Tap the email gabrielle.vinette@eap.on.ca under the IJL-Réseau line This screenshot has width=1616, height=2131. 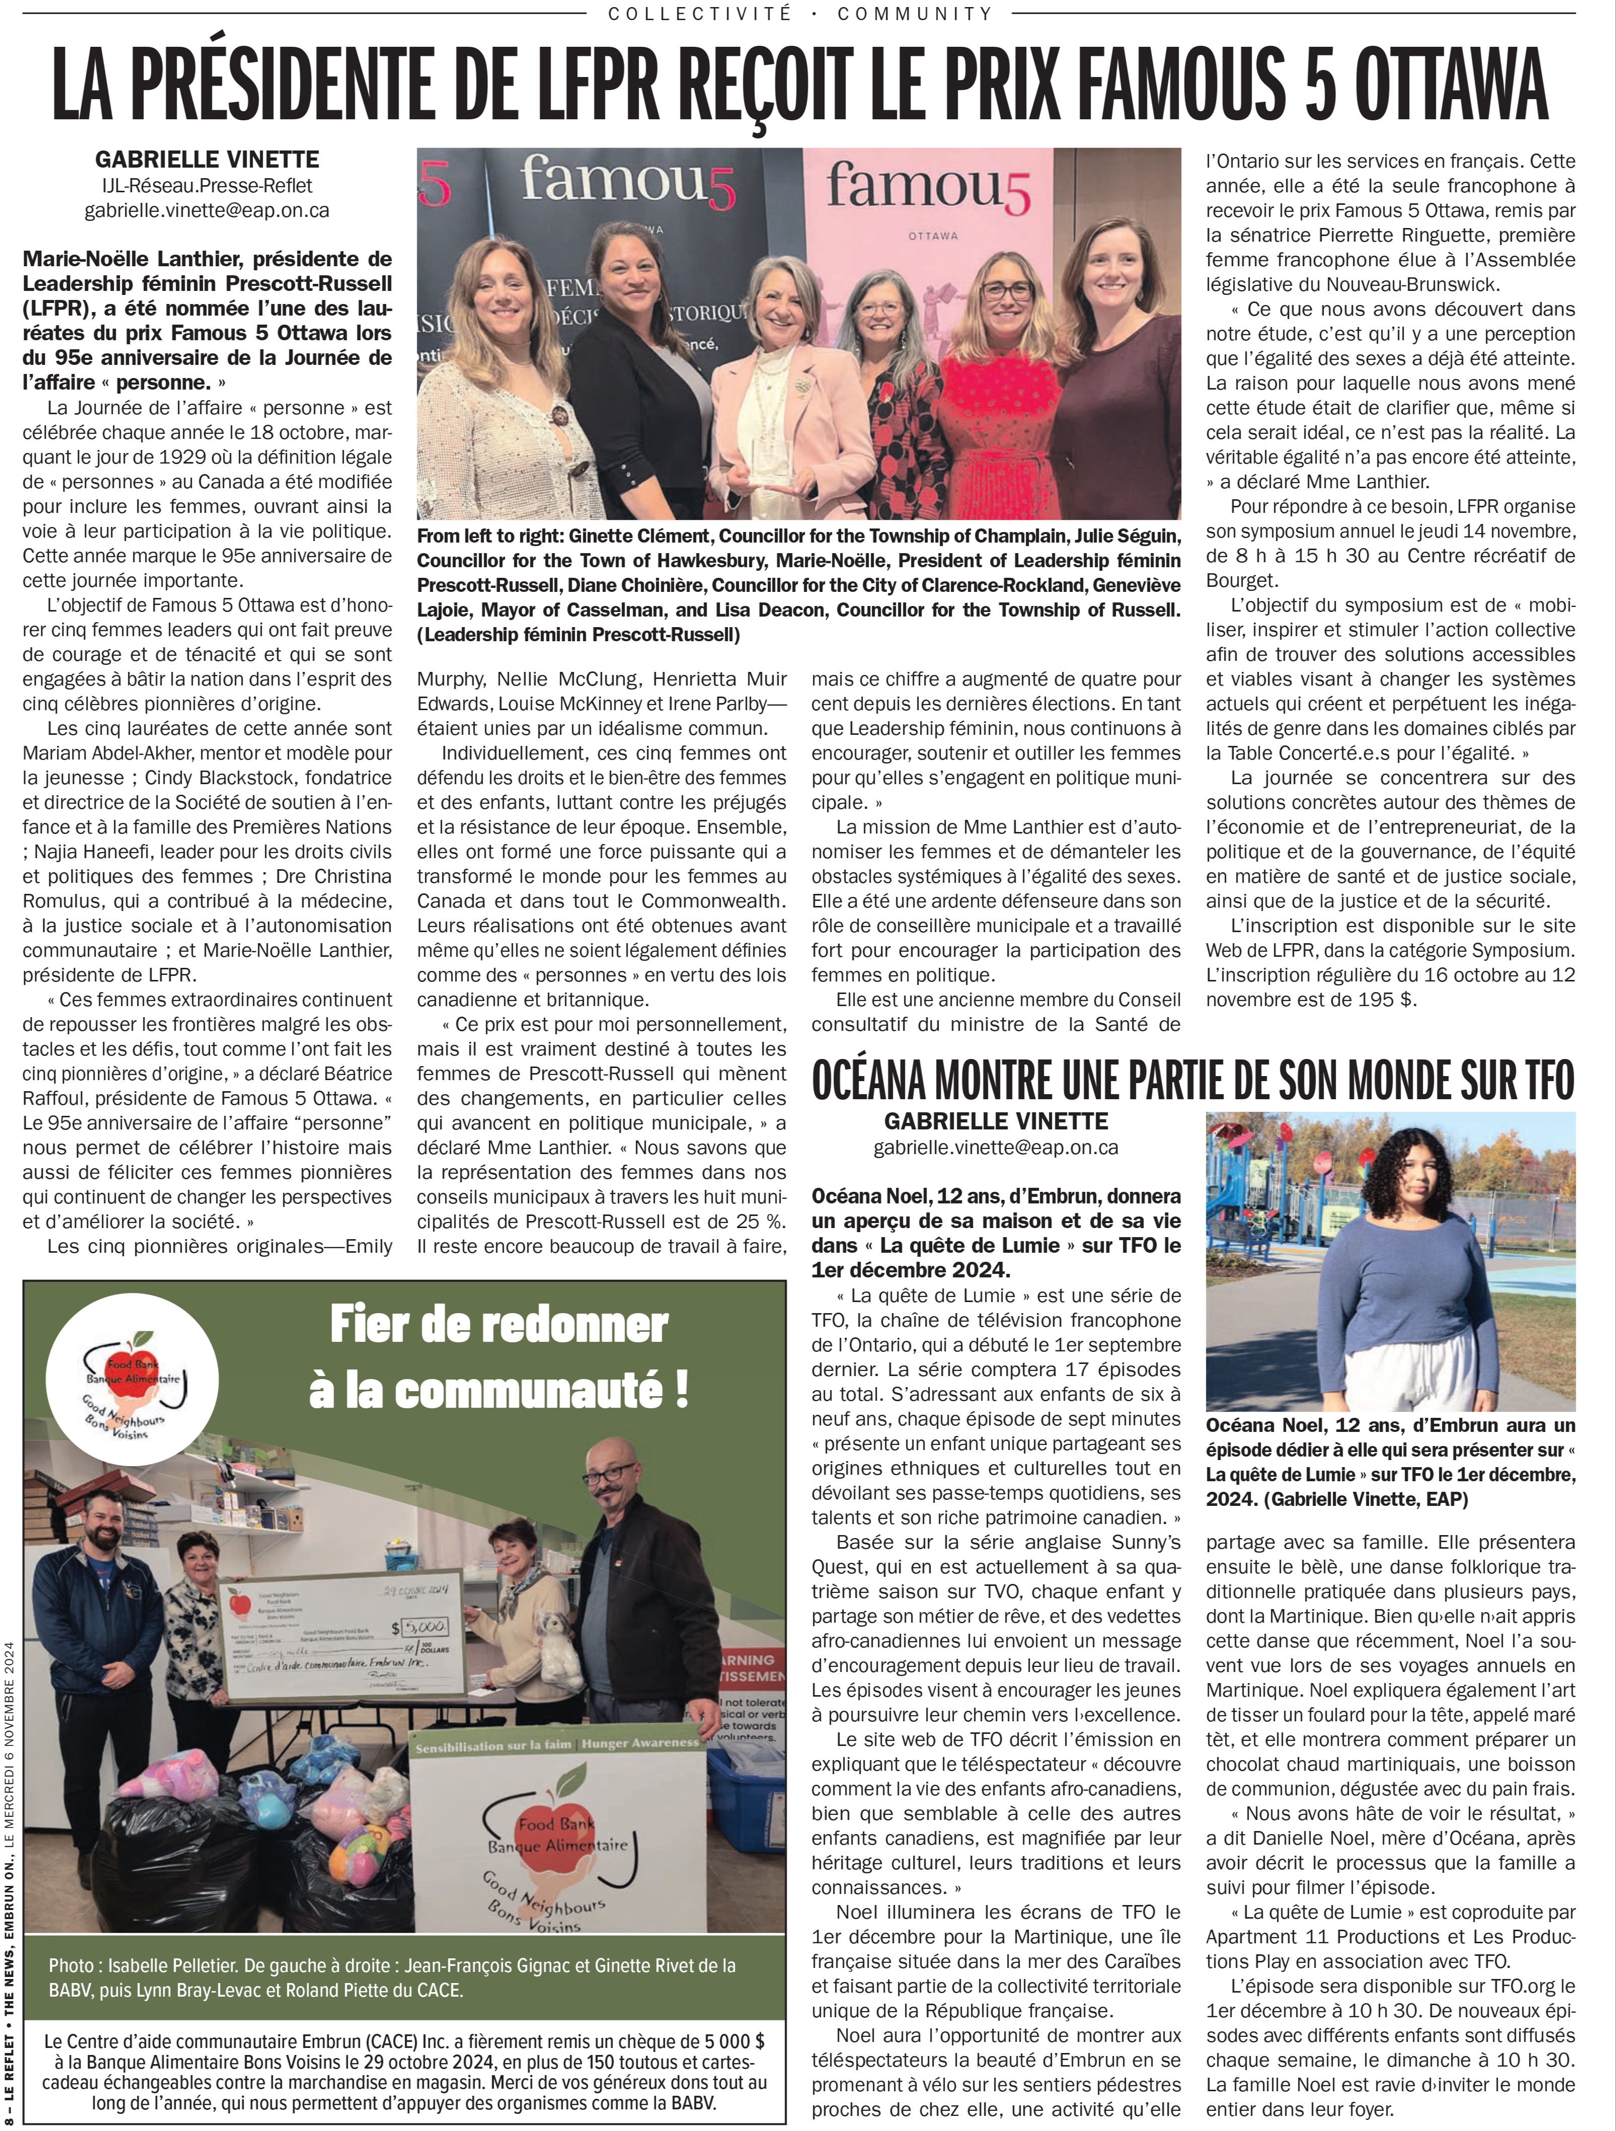207,210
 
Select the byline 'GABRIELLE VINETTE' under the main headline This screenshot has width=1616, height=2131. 207,159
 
